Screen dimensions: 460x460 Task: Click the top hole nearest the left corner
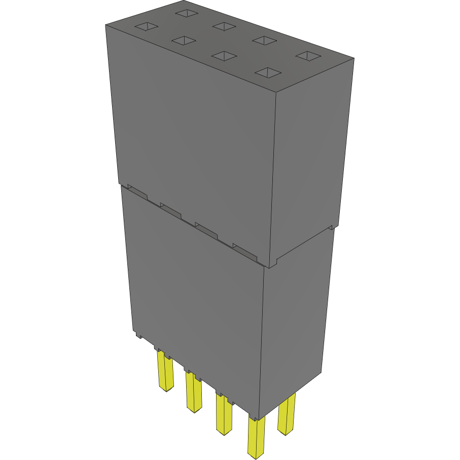[x=146, y=27]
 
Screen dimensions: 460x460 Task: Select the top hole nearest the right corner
[x=307, y=55]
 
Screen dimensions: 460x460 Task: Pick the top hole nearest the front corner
[x=268, y=73]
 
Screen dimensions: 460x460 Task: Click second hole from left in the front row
[x=184, y=41]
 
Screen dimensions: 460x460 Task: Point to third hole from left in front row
[x=223, y=55]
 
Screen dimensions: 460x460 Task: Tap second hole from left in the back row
[x=223, y=26]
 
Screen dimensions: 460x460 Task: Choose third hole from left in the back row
[x=264, y=41]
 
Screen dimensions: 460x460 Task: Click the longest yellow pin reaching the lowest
[x=256, y=436]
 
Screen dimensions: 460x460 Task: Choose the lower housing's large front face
[x=195, y=299]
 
